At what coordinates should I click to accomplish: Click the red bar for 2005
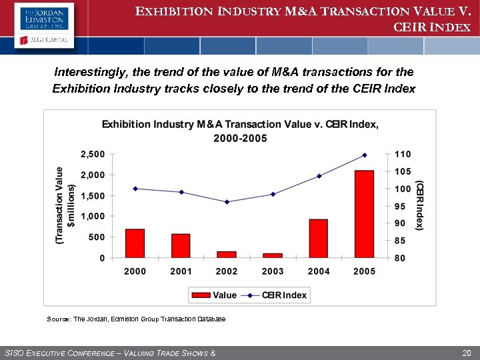(x=364, y=214)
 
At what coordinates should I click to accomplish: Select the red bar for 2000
(x=135, y=243)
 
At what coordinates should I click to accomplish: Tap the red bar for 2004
(x=319, y=238)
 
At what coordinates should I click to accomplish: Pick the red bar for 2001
(x=181, y=245)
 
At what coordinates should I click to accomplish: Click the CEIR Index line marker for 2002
(x=227, y=202)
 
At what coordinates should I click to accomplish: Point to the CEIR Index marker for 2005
(x=364, y=155)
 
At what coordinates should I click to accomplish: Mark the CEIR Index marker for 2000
(x=135, y=189)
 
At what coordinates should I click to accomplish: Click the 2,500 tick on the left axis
(x=92, y=154)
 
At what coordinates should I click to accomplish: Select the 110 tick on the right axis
(x=403, y=154)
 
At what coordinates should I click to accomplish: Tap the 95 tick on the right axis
(x=400, y=206)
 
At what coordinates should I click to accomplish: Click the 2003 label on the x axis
(x=273, y=271)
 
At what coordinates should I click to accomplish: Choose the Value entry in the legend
(x=215, y=295)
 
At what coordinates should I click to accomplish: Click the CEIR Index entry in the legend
(x=275, y=295)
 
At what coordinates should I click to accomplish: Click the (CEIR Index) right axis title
(x=420, y=205)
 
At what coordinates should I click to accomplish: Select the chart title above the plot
(x=240, y=131)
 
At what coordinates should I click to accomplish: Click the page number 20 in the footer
(x=466, y=352)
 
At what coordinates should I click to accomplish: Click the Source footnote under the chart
(x=136, y=319)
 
